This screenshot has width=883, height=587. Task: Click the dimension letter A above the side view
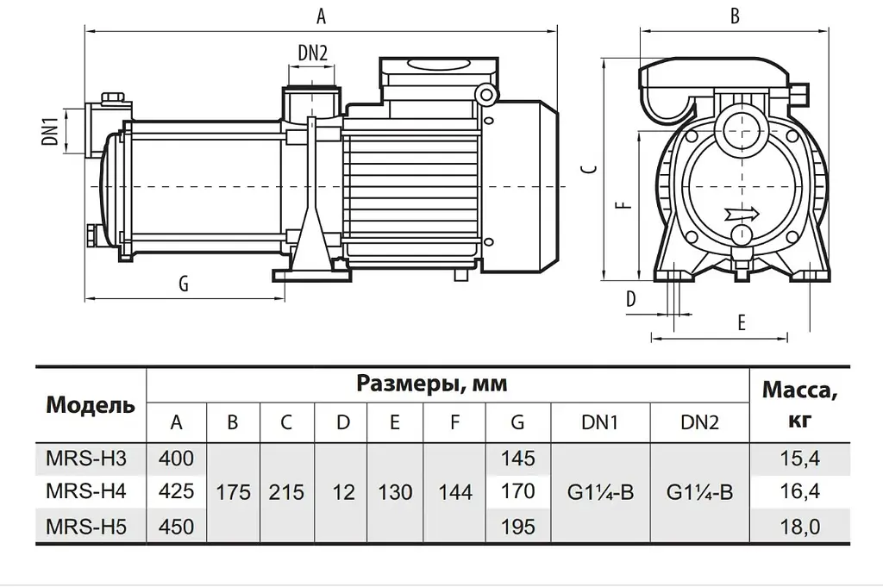(321, 16)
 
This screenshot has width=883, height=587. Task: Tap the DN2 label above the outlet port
(312, 53)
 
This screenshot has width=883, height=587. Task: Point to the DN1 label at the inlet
(50, 131)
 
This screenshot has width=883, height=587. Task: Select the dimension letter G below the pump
(184, 284)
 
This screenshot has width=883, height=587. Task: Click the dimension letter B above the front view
(735, 16)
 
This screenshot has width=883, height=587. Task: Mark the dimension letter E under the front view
(742, 322)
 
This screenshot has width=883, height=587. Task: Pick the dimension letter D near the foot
(631, 299)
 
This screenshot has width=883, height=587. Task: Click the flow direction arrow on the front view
(742, 214)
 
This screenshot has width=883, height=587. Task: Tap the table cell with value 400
(176, 458)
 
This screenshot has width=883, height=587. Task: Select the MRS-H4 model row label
(85, 491)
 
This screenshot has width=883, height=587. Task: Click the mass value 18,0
(799, 527)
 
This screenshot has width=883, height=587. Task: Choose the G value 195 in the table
(517, 527)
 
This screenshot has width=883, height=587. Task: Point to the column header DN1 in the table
(600, 422)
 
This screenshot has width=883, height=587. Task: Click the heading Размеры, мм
(432, 384)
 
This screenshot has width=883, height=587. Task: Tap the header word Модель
(91, 404)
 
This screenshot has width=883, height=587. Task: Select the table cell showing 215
(286, 492)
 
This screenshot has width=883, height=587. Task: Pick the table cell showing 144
(455, 492)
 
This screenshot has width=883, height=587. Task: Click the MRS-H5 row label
(85, 527)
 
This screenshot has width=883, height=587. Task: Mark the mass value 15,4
(799, 459)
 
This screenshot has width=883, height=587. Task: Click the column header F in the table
(455, 422)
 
